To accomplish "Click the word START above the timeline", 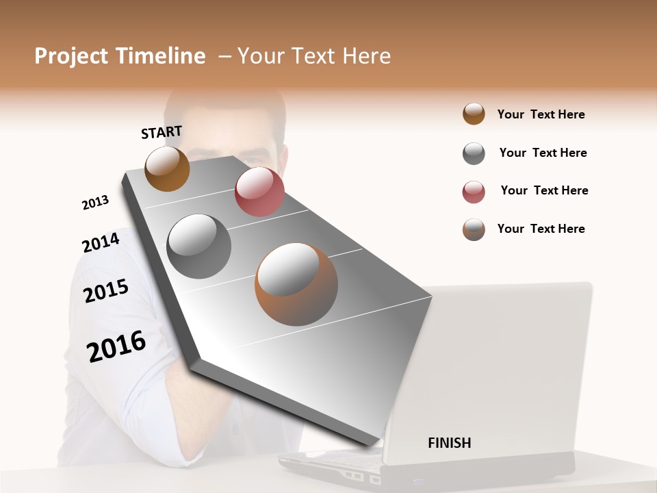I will point(162,131).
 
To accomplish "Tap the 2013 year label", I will point(95,203).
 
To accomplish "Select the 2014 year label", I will point(101,242).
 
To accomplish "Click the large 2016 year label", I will point(116,346).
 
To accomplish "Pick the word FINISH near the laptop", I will point(449,443).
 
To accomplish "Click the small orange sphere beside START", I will point(167,168).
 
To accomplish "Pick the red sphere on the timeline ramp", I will point(259,192).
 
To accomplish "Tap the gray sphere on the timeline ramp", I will point(199,246).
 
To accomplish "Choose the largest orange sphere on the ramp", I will point(296,283).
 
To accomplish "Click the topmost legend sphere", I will point(474,114).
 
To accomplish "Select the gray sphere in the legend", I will point(474,153).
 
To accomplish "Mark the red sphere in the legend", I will point(474,192).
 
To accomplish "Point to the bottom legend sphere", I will point(474,229).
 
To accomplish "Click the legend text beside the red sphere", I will point(544,190).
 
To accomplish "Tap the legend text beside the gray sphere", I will point(543,153).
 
